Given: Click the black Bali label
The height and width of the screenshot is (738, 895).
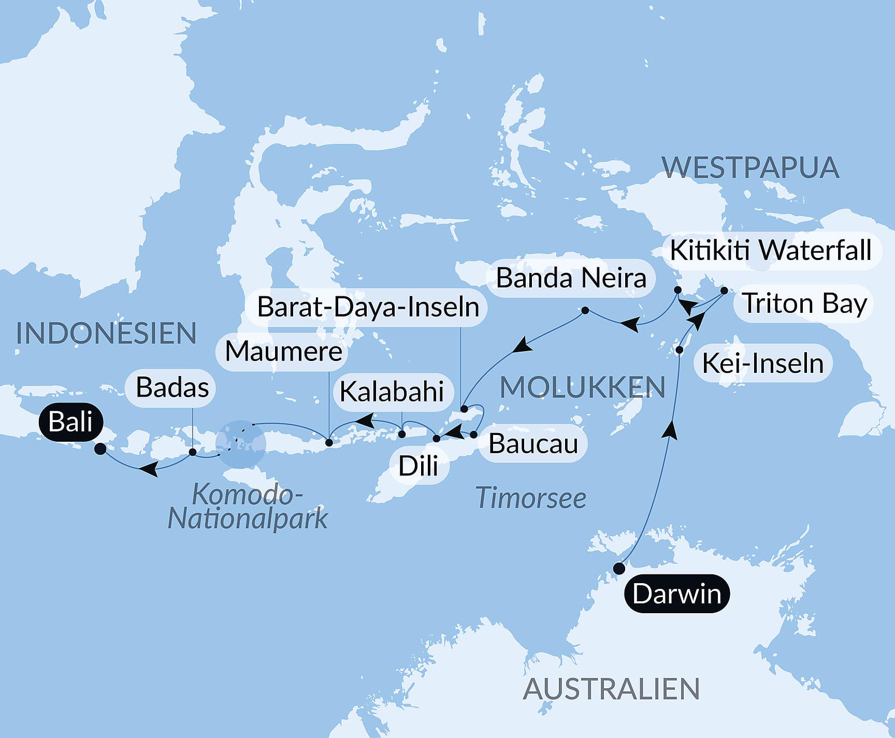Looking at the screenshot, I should click(70, 422).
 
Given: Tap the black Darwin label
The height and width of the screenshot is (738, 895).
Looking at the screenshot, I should click(676, 594).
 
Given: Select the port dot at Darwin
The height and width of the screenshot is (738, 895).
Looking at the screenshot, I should click(618, 569).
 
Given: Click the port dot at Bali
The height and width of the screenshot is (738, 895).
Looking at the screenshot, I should click(100, 449).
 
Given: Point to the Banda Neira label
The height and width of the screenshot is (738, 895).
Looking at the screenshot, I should click(571, 278).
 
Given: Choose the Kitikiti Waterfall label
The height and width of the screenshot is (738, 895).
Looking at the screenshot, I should click(771, 251).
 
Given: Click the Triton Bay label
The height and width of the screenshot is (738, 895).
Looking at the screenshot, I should click(804, 303).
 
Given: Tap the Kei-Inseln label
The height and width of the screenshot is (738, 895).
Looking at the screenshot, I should click(762, 363).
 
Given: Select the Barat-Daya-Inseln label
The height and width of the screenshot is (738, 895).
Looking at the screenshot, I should click(368, 307).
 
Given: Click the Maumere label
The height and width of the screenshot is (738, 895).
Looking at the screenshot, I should click(283, 352).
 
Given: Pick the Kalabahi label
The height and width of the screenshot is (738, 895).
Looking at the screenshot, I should click(392, 391).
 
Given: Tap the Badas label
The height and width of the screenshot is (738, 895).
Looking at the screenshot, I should click(172, 387).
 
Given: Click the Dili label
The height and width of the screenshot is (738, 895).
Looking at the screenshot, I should click(418, 466).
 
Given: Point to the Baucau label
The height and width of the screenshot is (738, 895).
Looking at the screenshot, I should click(533, 444).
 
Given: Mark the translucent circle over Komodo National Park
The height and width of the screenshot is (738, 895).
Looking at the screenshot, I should click(241, 444).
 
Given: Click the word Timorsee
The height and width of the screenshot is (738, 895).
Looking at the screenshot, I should click(530, 498).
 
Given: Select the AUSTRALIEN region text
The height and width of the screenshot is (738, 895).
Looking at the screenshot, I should click(611, 689).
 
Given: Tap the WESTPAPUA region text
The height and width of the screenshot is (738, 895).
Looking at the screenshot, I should click(750, 168).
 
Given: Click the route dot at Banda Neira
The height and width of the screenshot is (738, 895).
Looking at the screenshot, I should click(585, 311).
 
